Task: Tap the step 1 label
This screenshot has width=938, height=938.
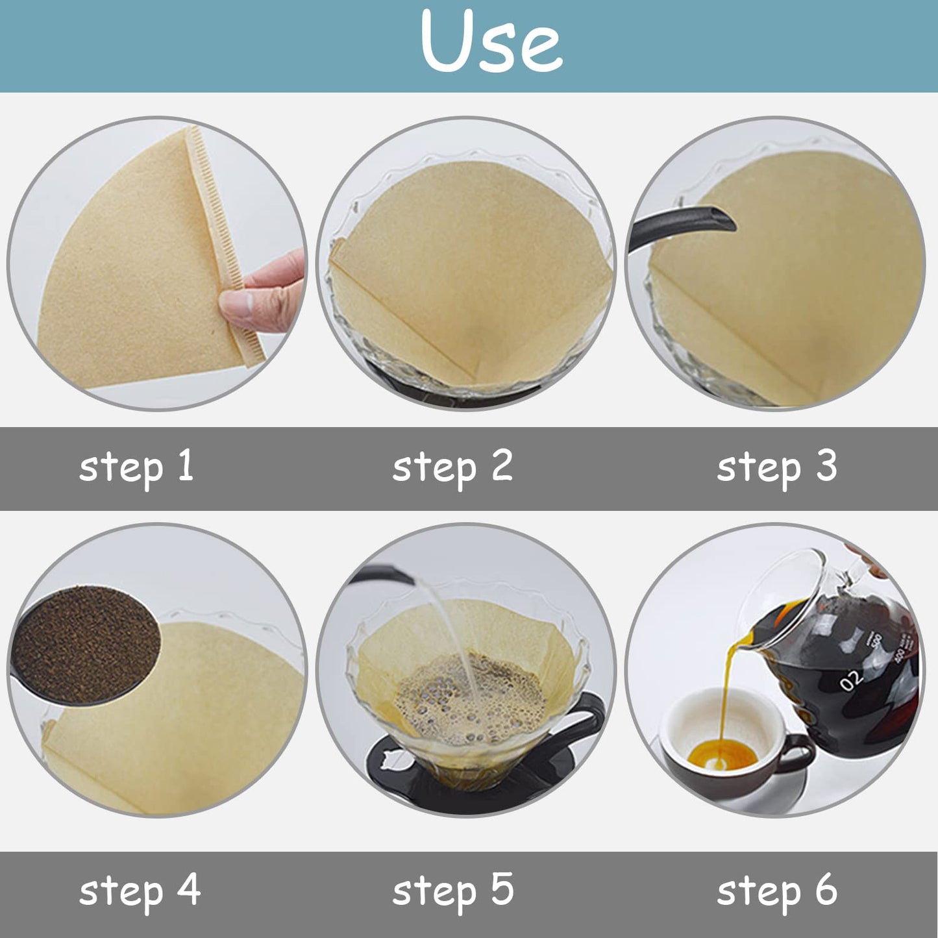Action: (136, 467)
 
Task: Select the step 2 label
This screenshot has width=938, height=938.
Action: (452, 467)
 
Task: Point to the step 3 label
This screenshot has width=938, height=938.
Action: (778, 467)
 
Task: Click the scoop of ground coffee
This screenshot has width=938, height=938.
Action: (85, 645)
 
